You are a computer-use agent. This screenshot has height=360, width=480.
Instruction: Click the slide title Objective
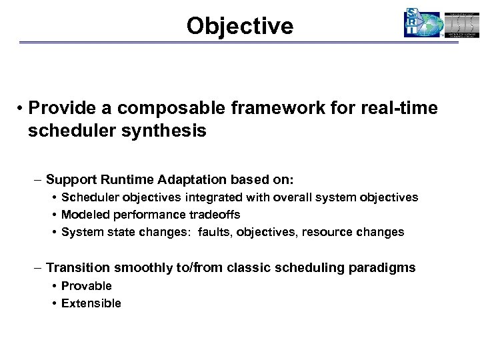coord(239,25)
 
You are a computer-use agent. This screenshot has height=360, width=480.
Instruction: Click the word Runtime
coord(126,180)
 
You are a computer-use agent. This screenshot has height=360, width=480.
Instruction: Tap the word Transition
coord(78,268)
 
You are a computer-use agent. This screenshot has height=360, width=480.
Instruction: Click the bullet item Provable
coord(87,286)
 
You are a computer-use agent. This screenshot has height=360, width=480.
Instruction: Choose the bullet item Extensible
coord(91,303)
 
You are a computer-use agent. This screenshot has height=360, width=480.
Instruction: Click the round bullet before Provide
coord(21,109)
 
